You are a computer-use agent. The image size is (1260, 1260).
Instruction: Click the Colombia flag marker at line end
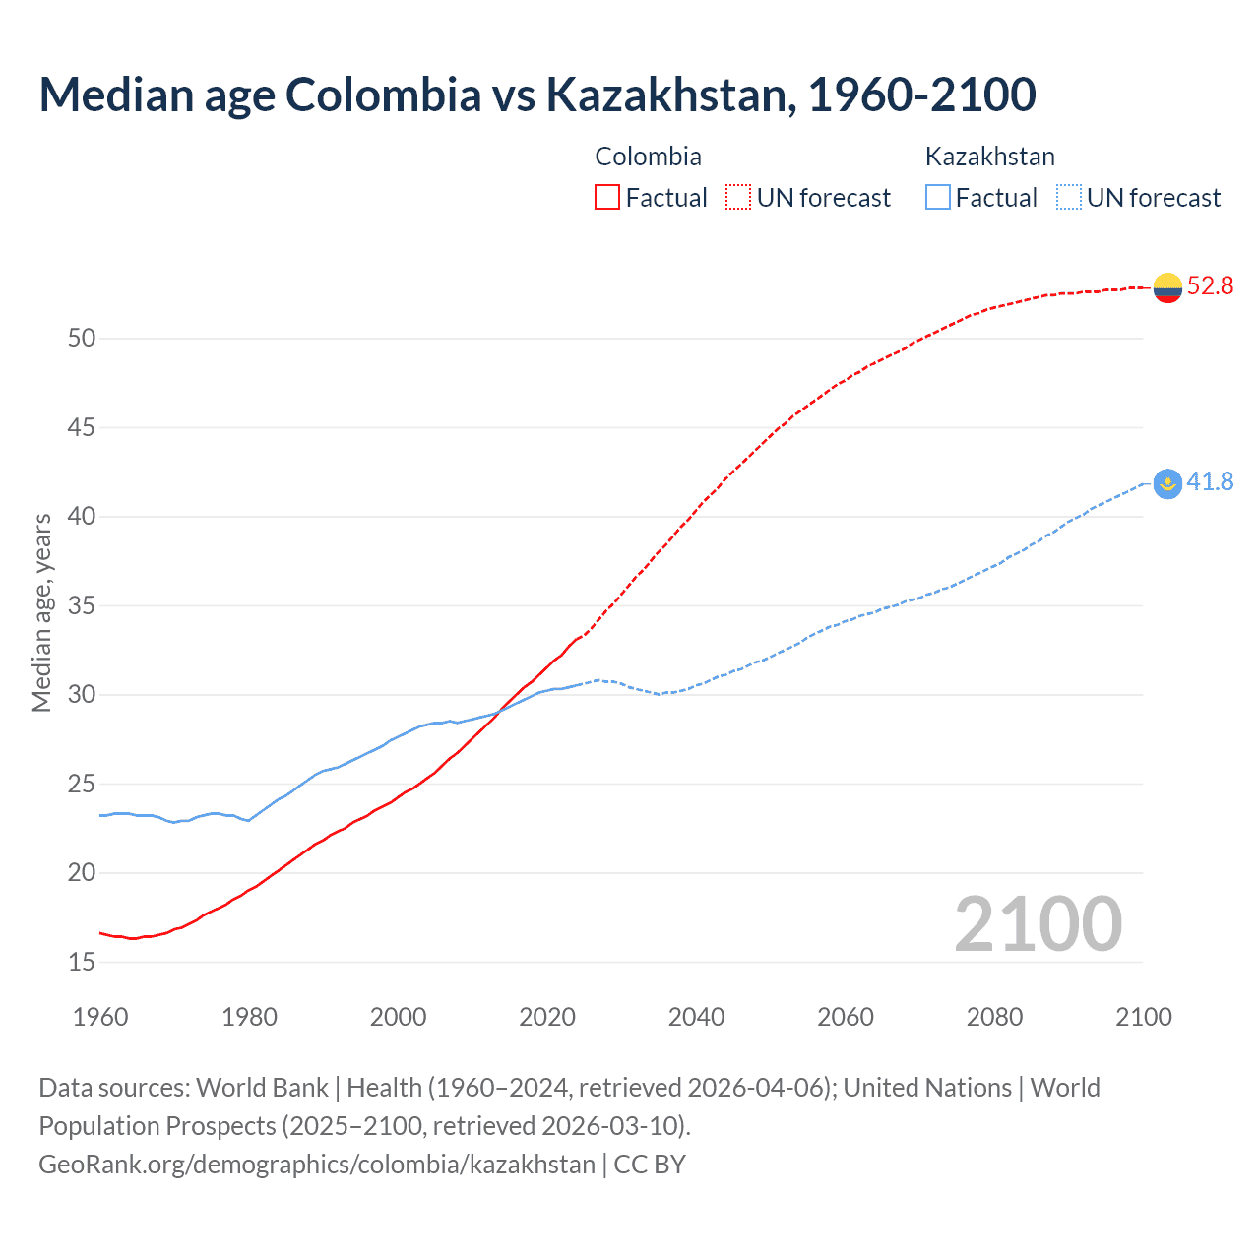[x=1167, y=287]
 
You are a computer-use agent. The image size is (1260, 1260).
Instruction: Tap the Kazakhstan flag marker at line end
[x=1167, y=483]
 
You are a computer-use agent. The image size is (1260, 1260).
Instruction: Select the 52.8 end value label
[x=1210, y=286]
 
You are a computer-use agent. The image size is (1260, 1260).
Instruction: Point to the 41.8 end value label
[x=1210, y=481]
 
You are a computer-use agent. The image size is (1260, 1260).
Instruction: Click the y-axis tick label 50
[x=82, y=338]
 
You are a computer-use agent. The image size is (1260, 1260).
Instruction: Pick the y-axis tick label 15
[x=82, y=962]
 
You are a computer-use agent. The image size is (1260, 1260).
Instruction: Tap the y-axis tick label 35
[x=82, y=605]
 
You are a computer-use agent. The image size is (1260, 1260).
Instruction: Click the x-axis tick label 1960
[x=100, y=1017]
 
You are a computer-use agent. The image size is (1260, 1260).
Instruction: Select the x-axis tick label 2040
[x=696, y=1017]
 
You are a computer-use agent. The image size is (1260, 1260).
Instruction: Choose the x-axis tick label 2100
[x=1143, y=1017]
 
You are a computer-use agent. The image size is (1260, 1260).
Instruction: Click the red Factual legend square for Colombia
[x=607, y=197]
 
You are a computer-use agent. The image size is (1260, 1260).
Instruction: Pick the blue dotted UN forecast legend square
[x=1069, y=197]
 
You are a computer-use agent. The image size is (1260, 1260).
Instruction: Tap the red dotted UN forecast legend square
[x=738, y=197]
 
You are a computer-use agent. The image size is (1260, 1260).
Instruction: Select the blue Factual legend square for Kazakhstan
[x=938, y=197]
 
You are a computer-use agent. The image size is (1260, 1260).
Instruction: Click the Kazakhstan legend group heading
[x=989, y=157]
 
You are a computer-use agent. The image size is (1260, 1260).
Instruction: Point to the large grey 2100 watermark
[x=1038, y=924]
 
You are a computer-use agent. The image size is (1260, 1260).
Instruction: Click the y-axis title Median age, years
[x=41, y=612]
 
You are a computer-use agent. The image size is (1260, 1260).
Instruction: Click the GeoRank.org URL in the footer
[x=317, y=1164]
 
